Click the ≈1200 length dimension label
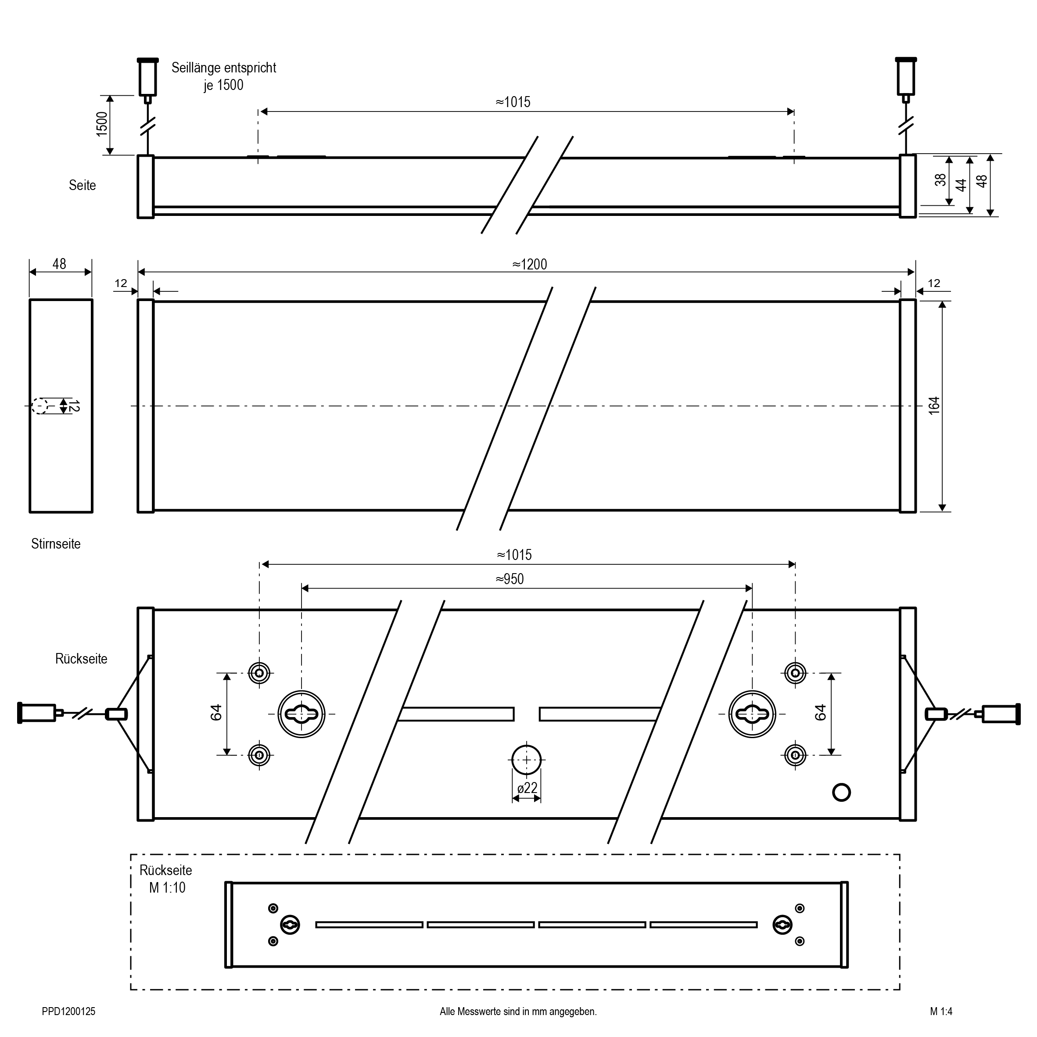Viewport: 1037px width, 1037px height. (529, 264)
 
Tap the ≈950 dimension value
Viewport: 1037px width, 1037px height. (510, 578)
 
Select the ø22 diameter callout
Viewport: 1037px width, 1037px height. (527, 788)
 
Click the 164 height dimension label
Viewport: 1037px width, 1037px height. (934, 405)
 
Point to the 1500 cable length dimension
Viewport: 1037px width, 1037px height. (102, 124)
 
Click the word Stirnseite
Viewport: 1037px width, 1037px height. (56, 544)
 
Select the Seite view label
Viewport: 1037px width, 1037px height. (82, 185)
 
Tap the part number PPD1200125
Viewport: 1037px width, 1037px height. (69, 1011)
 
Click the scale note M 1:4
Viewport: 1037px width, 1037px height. (941, 1011)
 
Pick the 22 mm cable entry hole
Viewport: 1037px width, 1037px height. (527, 760)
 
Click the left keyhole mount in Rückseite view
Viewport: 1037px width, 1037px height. (301, 714)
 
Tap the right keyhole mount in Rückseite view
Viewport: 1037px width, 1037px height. (752, 714)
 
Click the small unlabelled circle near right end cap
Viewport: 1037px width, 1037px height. (841, 792)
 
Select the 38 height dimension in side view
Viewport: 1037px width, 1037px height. (940, 180)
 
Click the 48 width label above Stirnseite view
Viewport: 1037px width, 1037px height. (60, 264)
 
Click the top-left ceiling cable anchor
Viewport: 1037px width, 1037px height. (147, 77)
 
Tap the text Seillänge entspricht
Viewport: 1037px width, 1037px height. (224, 68)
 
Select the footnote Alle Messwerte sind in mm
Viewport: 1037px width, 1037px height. (518, 1011)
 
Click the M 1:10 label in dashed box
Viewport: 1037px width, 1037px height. (167, 887)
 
